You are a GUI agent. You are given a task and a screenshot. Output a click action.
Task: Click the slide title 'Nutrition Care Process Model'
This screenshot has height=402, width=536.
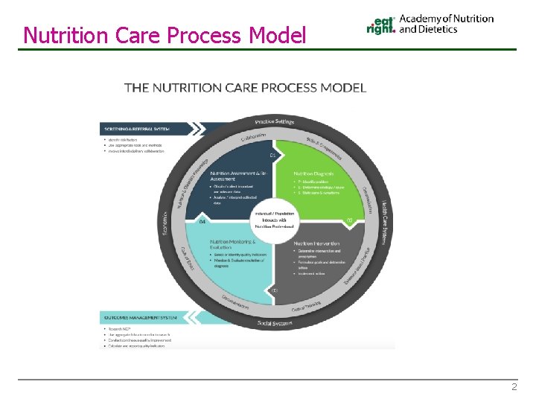[165, 34]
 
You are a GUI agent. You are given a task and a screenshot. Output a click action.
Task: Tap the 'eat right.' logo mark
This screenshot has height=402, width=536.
[381, 25]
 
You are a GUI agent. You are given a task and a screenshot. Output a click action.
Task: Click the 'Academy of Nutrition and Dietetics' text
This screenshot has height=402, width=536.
[446, 24]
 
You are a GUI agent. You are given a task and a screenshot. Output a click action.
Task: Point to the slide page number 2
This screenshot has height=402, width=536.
[513, 387]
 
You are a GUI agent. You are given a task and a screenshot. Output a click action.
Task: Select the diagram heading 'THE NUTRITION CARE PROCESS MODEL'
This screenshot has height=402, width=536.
[245, 88]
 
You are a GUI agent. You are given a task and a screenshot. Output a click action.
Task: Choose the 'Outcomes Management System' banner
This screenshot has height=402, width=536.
[141, 318]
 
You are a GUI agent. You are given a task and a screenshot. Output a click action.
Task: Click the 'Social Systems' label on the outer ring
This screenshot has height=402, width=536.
[275, 322]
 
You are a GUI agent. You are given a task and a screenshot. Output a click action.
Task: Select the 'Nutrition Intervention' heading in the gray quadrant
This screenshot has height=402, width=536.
[316, 243]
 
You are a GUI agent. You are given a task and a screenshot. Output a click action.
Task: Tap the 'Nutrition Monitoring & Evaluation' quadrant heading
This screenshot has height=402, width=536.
[233, 244]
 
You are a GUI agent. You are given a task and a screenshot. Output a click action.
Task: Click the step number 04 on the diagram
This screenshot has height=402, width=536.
[201, 221]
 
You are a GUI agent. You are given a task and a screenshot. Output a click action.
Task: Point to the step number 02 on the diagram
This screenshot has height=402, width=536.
[348, 220]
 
